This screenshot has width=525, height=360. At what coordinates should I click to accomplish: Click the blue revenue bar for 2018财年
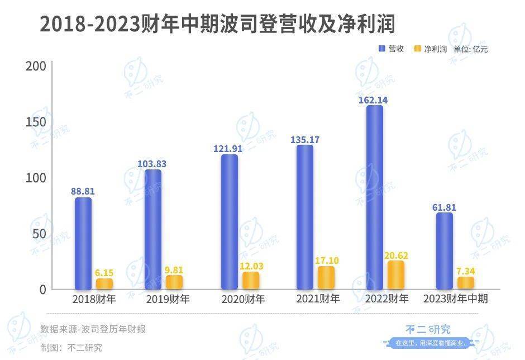[83, 243]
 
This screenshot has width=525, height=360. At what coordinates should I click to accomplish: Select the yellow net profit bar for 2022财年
[395, 274]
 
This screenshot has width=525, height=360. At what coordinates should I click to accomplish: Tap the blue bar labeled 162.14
[374, 197]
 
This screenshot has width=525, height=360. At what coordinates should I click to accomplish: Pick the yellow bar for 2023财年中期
[465, 282]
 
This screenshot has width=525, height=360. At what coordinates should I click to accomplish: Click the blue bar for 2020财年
[229, 221]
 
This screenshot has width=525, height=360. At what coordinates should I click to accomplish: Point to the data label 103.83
[152, 164]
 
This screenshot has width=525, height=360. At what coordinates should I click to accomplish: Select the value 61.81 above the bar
[444, 207]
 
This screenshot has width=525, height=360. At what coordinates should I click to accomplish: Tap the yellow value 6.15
[104, 273]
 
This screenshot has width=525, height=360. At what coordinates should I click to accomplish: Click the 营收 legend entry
[391, 49]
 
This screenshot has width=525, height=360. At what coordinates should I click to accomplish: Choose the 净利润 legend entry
[430, 49]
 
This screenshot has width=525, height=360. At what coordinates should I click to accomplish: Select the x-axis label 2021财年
[318, 299]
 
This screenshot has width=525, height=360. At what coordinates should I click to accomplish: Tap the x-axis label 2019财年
[168, 299]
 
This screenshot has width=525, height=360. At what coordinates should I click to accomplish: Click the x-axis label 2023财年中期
[456, 299]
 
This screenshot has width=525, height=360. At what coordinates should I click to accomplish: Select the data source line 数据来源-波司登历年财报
[93, 329]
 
